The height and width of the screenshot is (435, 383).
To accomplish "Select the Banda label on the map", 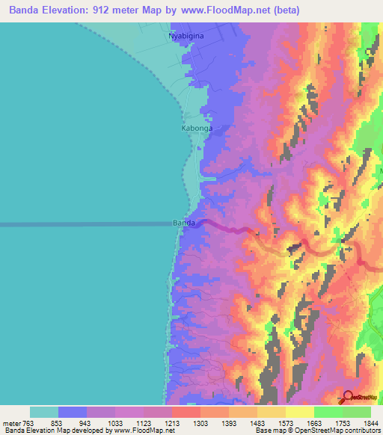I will pyautogui.click(x=184, y=223).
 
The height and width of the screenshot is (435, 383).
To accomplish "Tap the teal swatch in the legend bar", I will pyautogui.click(x=44, y=412).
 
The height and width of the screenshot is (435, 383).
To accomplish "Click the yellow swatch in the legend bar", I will pyautogui.click(x=299, y=412).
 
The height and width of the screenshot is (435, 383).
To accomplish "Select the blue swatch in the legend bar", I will pyautogui.click(x=73, y=412).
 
